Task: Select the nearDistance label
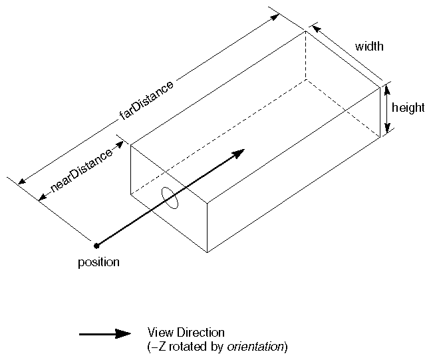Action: click(x=76, y=171)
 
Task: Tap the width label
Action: click(x=369, y=47)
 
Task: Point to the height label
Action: click(x=408, y=108)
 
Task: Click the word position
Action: click(x=98, y=262)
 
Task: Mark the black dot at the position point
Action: click(x=97, y=246)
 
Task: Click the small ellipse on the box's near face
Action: click(x=170, y=198)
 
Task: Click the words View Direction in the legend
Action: click(x=186, y=332)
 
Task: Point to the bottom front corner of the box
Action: click(x=208, y=252)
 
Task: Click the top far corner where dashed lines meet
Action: click(x=305, y=31)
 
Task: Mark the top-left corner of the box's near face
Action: click(x=130, y=144)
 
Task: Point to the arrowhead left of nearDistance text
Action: click(x=41, y=196)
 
